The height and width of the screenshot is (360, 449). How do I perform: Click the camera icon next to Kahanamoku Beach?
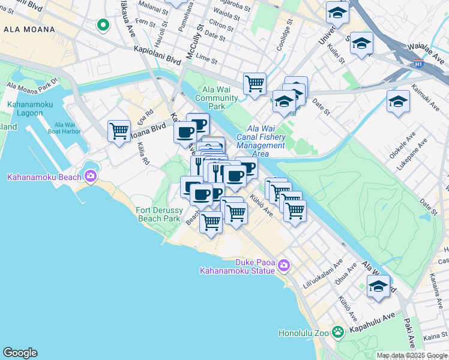pyautogui.click(x=91, y=176)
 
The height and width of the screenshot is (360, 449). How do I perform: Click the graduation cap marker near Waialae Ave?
pyautogui.click(x=361, y=43)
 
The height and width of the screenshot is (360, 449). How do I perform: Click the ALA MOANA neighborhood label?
pyautogui.click(x=29, y=29)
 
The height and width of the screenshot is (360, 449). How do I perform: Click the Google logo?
pyautogui.click(x=20, y=353)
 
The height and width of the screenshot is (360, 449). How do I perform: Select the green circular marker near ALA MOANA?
pyautogui.click(x=103, y=25)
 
